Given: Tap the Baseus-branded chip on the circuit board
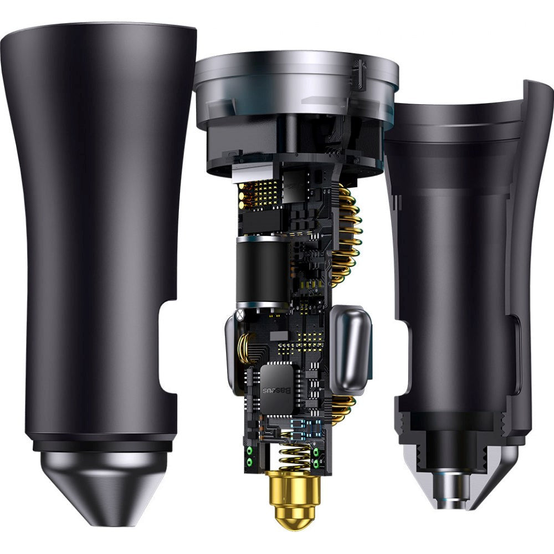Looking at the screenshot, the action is [276, 385].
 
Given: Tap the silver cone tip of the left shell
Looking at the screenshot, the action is [103, 488].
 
